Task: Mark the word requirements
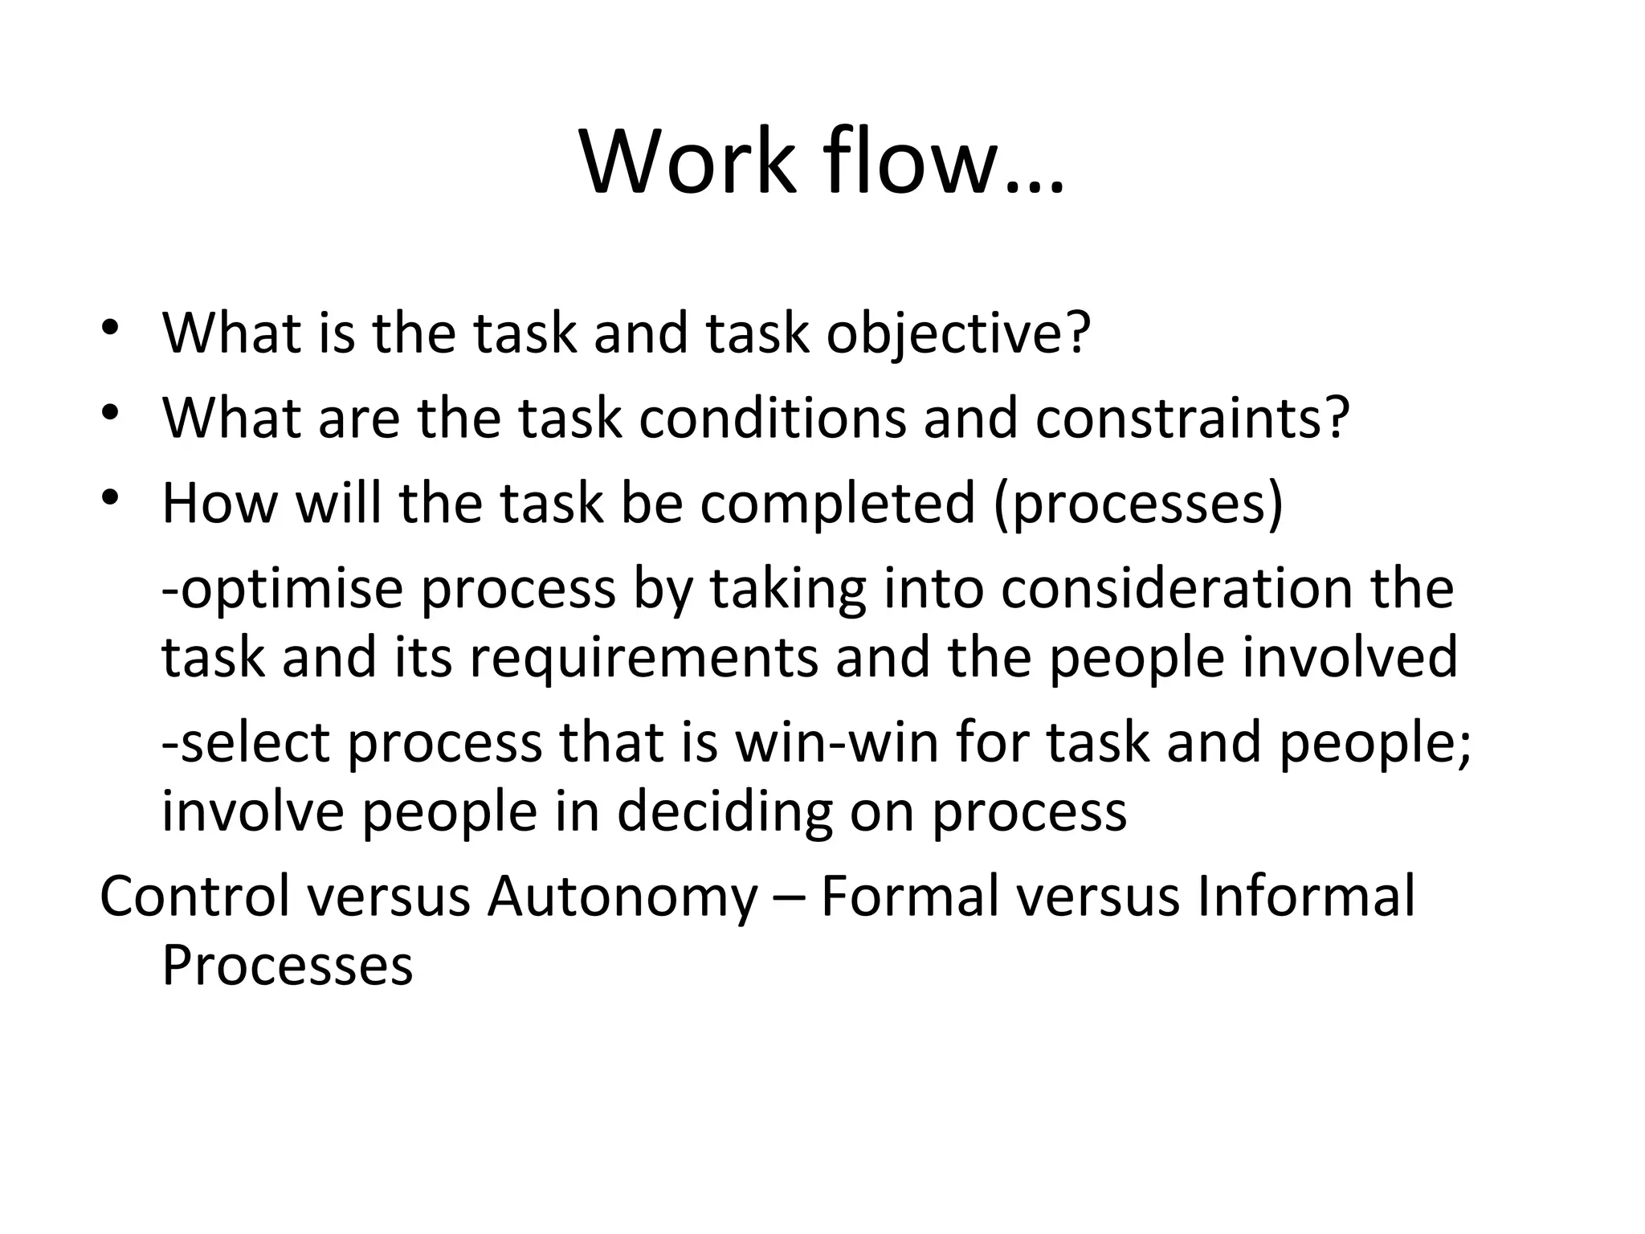[643, 657]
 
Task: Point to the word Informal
[1306, 897]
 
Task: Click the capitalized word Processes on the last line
[288, 965]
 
